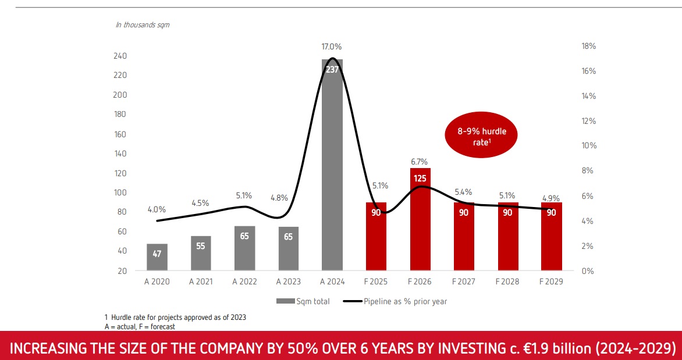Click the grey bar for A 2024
tap(332, 165)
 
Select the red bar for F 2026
tap(420, 219)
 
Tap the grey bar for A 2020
tap(157, 257)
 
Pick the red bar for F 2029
tap(552, 237)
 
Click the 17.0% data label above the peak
tap(332, 47)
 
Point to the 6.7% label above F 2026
tap(420, 162)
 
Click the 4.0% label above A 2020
tap(157, 209)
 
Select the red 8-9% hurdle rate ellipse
tap(481, 136)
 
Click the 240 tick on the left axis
tap(120, 56)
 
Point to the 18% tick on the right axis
tap(588, 46)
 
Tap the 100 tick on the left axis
tap(120, 192)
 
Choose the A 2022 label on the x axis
tap(244, 281)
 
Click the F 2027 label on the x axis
tap(464, 281)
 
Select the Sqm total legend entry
tap(303, 301)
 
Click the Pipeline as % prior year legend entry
tap(395, 301)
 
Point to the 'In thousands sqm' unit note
tap(142, 25)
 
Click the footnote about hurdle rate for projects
tap(175, 318)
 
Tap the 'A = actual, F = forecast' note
tap(140, 326)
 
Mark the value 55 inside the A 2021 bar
tap(201, 246)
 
